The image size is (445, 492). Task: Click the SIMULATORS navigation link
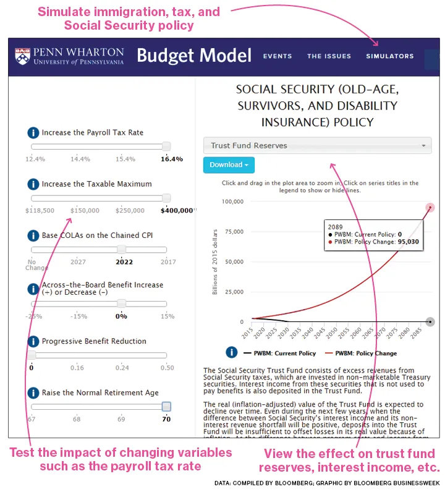[x=389, y=56]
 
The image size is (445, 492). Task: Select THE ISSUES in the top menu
[x=329, y=56]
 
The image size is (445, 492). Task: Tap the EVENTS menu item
[x=278, y=56]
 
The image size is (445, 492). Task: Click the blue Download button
[x=229, y=165]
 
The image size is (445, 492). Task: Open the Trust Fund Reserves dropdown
[x=317, y=146]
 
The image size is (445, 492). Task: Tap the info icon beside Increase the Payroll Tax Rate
[x=33, y=133]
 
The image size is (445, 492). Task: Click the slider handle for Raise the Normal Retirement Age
[x=166, y=407]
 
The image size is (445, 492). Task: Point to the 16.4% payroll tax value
[x=171, y=159]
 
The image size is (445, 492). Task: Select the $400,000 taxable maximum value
[x=177, y=210]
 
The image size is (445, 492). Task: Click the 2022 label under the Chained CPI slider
[x=124, y=261]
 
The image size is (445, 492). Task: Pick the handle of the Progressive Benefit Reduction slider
[x=32, y=355]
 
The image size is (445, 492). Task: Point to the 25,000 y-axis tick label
[x=234, y=292]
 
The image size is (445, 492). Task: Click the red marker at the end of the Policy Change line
[x=430, y=208]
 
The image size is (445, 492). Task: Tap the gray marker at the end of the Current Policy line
[x=430, y=322]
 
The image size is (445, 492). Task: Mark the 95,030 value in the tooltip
[x=409, y=242]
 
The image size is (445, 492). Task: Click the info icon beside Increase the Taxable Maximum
[x=33, y=184]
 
